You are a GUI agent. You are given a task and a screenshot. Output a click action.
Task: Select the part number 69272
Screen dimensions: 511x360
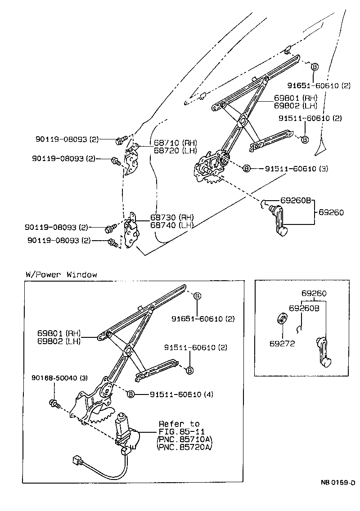click(x=282, y=343)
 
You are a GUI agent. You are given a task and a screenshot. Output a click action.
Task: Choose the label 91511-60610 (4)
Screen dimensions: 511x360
click(x=181, y=394)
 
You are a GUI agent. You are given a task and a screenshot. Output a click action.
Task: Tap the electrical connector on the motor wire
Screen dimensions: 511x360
click(x=77, y=461)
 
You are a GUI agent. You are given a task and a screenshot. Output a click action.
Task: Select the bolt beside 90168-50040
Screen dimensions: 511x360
click(x=54, y=403)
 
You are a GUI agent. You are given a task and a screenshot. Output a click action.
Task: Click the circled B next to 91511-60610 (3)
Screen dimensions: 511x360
click(x=247, y=169)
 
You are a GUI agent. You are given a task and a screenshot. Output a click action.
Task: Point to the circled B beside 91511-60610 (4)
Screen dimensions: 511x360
click(x=131, y=394)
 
